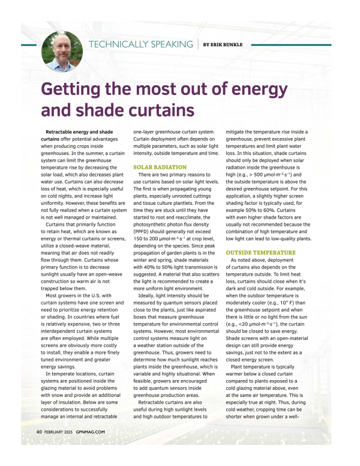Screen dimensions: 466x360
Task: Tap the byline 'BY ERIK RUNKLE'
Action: pos(226,45)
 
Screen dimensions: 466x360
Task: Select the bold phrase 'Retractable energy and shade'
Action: pos(79,132)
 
